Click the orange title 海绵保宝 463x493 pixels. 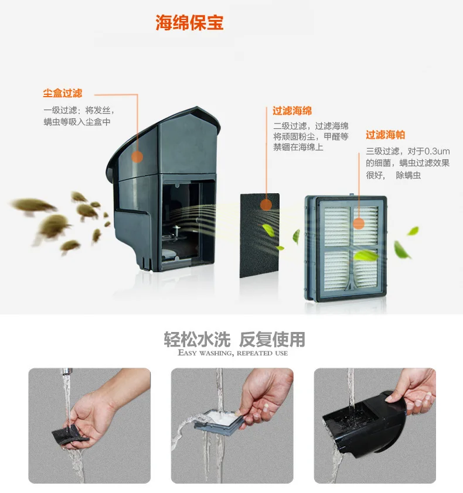(189, 22)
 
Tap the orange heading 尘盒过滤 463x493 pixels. (63, 93)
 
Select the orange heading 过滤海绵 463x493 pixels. (292, 111)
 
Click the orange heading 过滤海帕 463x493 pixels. (385, 135)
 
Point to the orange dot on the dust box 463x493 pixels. (137, 156)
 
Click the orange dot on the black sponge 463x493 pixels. (266, 205)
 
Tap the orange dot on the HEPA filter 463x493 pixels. (359, 224)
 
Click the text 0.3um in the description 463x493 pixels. (437, 151)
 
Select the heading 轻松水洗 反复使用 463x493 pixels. (234, 339)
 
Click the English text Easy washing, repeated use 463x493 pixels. (233, 353)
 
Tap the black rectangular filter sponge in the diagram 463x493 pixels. (260, 235)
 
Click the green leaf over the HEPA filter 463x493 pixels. (366, 255)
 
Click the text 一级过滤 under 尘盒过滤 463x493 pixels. (60, 110)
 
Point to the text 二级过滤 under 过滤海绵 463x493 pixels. (290, 126)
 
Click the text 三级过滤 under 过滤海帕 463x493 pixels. (383, 151)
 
